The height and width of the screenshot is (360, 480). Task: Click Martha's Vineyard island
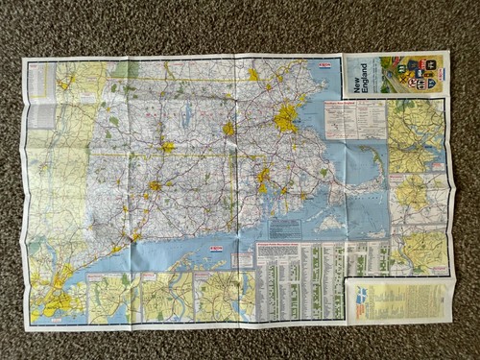coord(329,223)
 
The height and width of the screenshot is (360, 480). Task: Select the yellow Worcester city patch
coord(228,128)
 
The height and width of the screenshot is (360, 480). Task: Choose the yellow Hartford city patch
coord(153,185)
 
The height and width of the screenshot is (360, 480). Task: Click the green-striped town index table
coord(299,277)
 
